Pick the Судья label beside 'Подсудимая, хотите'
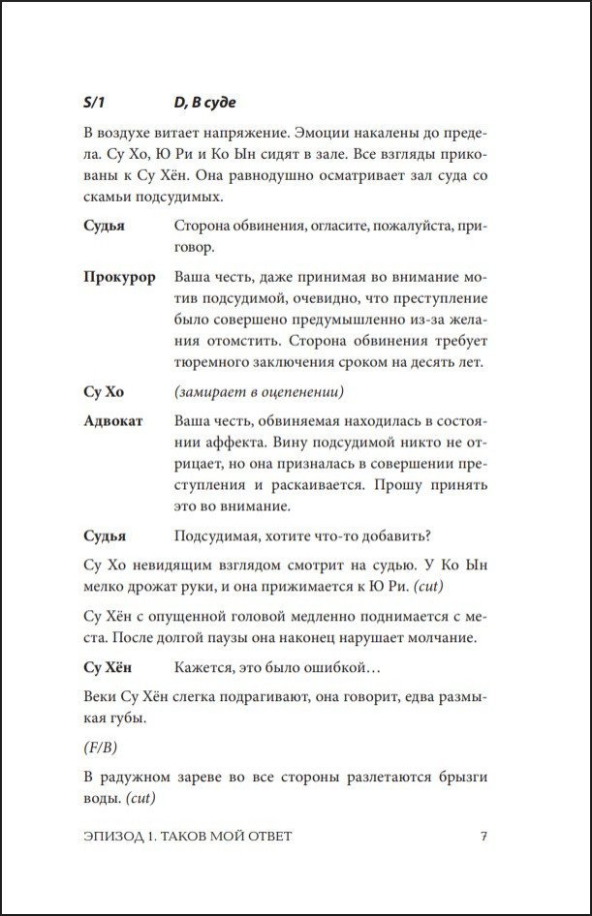tap(105, 535)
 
